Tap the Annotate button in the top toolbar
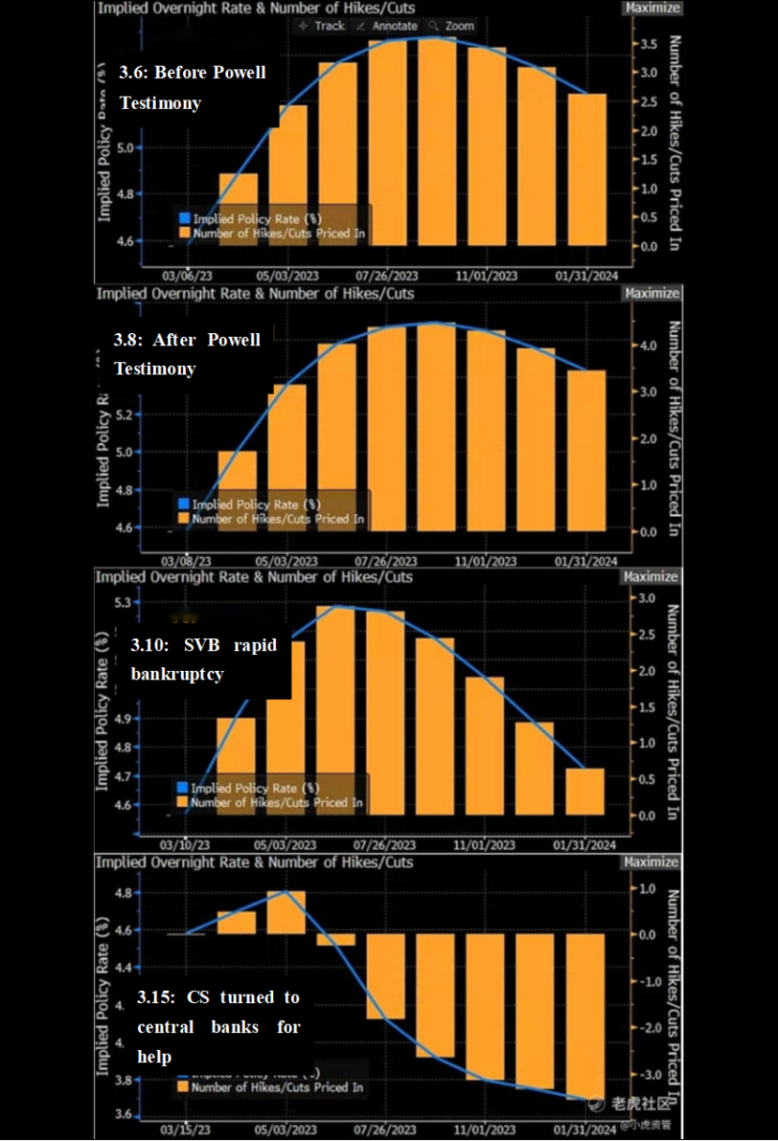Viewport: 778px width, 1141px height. tap(388, 26)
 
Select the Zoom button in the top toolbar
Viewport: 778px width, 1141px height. tap(451, 26)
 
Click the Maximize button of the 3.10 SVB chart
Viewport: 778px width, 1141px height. tap(650, 577)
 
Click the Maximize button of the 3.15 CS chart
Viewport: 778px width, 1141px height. tap(650, 861)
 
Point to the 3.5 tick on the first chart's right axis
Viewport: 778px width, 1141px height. tap(648, 44)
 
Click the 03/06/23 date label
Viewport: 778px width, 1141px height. tap(187, 277)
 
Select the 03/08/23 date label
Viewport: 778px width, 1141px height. tap(187, 561)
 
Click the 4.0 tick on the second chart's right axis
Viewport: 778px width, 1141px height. tap(648, 345)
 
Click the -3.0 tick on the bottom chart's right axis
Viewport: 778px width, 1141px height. tap(645, 1074)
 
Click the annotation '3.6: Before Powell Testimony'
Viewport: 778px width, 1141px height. tap(192, 87)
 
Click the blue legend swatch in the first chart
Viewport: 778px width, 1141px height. tap(184, 219)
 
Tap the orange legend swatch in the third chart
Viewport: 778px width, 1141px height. tap(182, 802)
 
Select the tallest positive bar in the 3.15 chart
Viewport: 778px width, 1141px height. tap(286, 912)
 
